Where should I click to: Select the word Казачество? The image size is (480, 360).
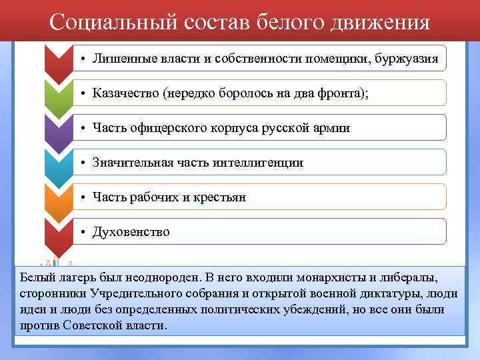tap(126, 93)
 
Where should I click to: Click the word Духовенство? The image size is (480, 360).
tap(131, 232)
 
